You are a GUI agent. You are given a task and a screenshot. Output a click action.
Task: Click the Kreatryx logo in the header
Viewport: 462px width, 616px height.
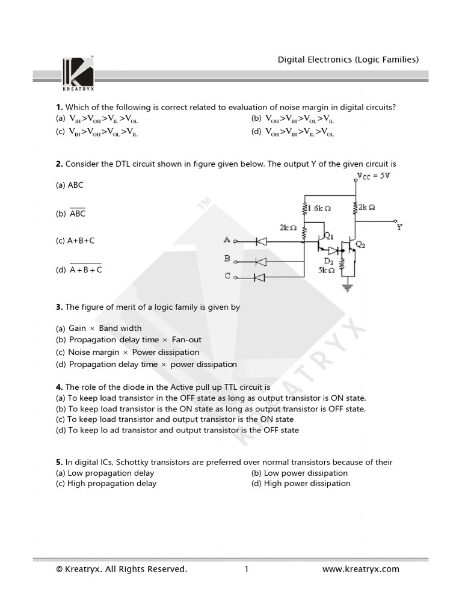point(78,72)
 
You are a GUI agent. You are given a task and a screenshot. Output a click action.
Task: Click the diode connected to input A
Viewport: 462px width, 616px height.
point(262,241)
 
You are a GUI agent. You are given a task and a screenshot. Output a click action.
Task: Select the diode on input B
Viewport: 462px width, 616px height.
point(262,261)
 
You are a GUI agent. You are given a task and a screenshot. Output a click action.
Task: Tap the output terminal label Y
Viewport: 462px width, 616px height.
point(399,227)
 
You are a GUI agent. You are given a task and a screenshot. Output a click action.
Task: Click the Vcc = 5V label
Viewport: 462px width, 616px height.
point(374,176)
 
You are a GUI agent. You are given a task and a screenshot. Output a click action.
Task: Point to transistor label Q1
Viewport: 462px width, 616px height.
point(329,235)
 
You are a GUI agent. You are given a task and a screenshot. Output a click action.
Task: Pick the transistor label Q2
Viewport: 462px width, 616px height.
point(360,245)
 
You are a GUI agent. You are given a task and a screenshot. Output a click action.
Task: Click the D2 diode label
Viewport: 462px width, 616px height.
point(329,261)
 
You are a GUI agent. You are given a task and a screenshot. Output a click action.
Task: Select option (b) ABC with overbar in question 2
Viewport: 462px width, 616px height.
point(77,214)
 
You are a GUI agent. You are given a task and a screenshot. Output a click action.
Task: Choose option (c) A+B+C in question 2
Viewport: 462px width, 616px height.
point(81,241)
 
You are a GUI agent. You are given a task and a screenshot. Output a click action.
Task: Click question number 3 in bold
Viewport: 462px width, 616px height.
point(59,307)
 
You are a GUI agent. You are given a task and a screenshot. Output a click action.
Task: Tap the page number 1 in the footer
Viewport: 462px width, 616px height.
point(247,569)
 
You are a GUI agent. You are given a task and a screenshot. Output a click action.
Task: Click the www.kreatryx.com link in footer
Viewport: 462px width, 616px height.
point(360,569)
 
